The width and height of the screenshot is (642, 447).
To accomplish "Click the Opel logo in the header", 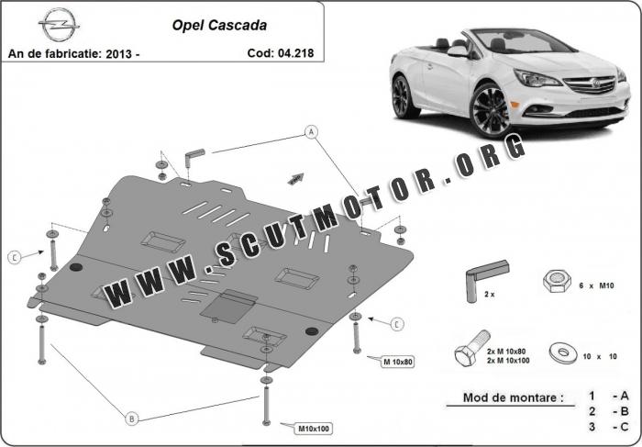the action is coord(59,25).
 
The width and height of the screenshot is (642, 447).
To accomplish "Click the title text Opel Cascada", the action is coord(219,26).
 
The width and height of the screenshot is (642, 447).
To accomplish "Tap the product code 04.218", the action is coord(295,53).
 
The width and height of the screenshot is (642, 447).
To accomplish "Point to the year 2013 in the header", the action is coord(118,53).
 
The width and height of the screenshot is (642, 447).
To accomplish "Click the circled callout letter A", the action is coord(312,132).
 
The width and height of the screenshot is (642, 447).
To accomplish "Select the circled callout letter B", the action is coord(131,419).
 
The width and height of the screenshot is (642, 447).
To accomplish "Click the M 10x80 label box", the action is coord(397,362).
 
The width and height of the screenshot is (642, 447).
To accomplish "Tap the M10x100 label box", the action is coord(314,429).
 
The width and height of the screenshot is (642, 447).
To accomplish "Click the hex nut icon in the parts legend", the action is coord(557,281).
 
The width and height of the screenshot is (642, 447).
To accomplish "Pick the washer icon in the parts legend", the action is coord(563,353).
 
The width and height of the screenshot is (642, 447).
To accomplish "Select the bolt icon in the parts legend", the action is coord(472,349).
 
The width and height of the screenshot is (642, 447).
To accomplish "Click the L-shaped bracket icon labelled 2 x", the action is coord(485,279).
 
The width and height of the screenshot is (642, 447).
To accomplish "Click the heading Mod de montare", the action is coord(513,397).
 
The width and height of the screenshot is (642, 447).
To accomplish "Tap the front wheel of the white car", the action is coord(490,110).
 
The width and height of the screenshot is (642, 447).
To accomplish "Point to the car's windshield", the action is coord(524,41).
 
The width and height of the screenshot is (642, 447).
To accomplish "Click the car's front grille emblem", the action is coord(595,84).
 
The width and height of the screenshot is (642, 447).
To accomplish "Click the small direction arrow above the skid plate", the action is coord(295,178).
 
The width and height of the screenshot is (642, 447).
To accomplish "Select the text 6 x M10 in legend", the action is coord(596,286).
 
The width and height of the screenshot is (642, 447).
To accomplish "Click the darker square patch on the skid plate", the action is coord(228,306).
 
